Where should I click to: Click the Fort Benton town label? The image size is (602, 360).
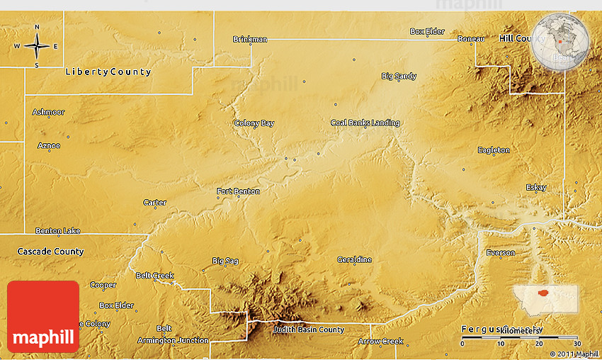[x=238, y=191]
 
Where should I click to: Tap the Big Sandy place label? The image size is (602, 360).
[x=399, y=76]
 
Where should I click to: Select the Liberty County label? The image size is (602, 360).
[x=108, y=72]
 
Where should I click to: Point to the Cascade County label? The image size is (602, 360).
[x=50, y=252]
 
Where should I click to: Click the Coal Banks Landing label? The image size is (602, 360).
[x=365, y=123]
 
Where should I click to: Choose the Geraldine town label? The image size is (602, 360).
[x=354, y=259]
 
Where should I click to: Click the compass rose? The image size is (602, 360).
[x=37, y=46]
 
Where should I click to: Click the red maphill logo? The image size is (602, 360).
[x=43, y=317]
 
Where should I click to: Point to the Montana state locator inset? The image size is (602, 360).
[x=546, y=299]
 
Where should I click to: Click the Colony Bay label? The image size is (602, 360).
[x=254, y=123]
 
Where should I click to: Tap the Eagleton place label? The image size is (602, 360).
[x=494, y=150]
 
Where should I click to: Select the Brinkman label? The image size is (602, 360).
[x=250, y=39]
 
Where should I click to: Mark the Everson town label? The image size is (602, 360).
[x=501, y=253]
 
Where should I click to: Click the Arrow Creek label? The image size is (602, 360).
[x=380, y=342]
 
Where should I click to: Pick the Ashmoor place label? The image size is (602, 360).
[x=48, y=112]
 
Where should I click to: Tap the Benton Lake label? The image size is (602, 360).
[x=58, y=231]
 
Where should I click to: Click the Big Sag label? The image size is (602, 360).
[x=225, y=261]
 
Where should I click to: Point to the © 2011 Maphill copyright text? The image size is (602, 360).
[x=574, y=354]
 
